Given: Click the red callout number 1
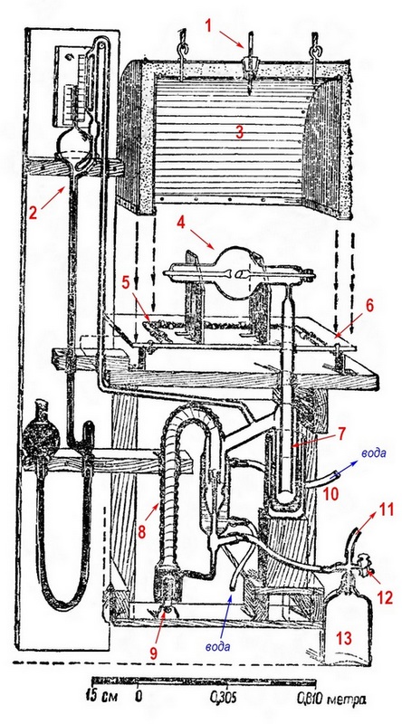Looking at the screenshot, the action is pos(208,26).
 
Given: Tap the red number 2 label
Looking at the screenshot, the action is pos(33,213).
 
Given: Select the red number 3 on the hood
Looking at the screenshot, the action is pos(239,132).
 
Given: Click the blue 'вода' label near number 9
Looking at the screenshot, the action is pos(218,646).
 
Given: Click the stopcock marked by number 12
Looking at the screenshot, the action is pos(363,564).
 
